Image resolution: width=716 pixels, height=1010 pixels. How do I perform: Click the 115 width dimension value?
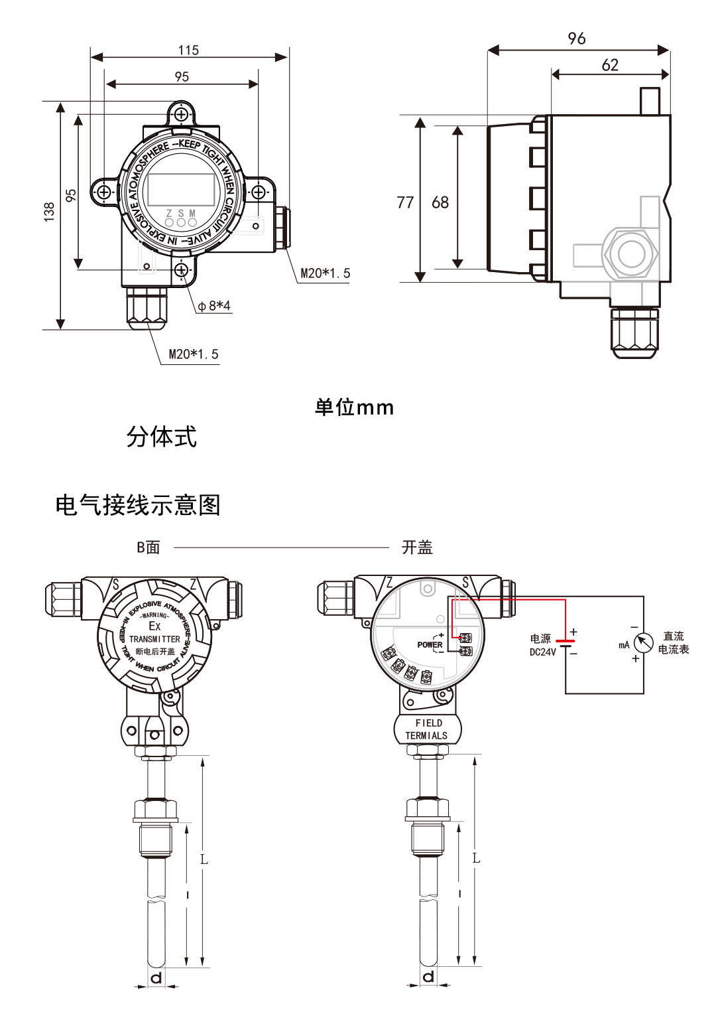tap(188, 50)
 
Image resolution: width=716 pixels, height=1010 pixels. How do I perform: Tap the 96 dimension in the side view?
tap(577, 38)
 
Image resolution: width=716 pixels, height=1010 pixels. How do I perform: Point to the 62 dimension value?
tap(610, 65)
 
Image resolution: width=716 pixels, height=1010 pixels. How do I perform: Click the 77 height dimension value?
tap(405, 202)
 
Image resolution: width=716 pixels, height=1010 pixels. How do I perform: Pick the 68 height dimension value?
tap(440, 202)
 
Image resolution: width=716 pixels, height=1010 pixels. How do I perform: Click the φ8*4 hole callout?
tap(214, 306)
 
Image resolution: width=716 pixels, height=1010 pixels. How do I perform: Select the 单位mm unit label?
tap(354, 407)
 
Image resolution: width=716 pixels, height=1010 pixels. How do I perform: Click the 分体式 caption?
tap(161, 437)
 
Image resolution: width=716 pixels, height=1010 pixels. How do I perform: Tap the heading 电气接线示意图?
tap(138, 506)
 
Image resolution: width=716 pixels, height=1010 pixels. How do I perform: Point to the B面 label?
tap(149, 547)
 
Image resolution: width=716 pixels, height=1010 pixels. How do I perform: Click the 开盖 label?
tap(417, 547)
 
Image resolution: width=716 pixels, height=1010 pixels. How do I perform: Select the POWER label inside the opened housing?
tap(430, 644)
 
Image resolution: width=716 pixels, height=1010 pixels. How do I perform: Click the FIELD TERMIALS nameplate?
tap(428, 729)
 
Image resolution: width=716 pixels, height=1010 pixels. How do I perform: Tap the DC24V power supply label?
tap(542, 652)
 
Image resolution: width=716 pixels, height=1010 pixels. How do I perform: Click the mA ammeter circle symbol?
tap(643, 642)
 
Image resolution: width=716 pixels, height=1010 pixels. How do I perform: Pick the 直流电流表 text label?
tap(674, 642)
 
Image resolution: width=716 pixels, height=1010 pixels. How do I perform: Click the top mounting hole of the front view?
tap(181, 115)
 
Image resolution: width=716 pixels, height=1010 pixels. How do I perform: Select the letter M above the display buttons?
tap(192, 213)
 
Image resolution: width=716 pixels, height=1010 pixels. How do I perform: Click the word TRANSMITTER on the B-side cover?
tap(154, 639)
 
